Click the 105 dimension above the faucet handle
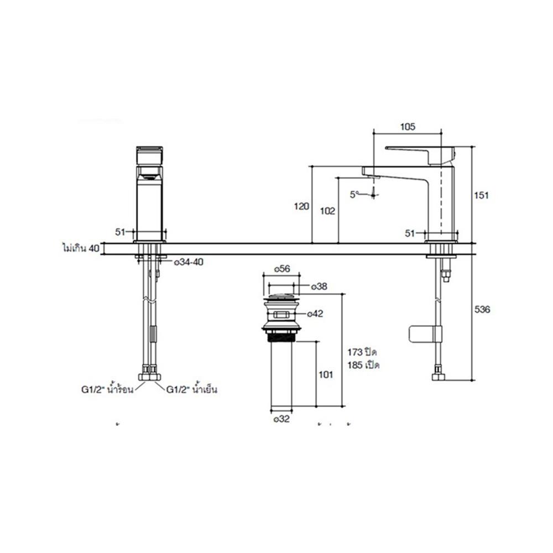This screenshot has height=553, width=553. click(407, 127)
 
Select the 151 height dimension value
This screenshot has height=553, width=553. click(482, 195)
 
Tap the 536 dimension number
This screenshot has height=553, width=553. click(482, 310)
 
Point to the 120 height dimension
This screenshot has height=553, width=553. click(301, 206)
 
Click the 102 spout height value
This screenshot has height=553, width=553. click(328, 210)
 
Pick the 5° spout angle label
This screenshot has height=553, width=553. click(354, 194)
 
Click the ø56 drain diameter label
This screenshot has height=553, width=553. click(282, 269)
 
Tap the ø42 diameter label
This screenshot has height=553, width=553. click(316, 314)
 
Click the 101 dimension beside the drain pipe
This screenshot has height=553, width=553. click(326, 375)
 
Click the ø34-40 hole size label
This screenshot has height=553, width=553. click(189, 262)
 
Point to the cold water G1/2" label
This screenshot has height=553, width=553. click(191, 390)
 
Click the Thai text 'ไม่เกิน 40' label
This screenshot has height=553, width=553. click(80, 248)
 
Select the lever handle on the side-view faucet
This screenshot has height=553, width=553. click(420, 152)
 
